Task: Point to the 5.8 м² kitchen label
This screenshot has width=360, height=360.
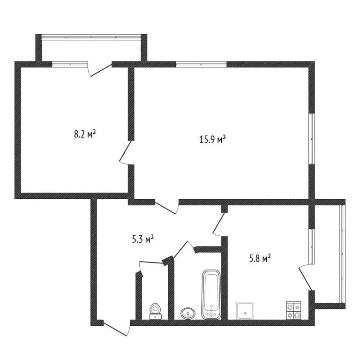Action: coord(260,258)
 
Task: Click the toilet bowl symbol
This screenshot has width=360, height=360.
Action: coord(155,311)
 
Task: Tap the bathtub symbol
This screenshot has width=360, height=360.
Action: coord(211,295)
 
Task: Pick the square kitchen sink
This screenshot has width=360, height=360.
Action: coord(246,310)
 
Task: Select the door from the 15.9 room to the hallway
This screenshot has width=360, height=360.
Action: coord(166,207)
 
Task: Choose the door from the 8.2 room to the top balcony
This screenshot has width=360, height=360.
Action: coord(99,69)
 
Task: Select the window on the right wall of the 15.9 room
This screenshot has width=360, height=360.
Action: coord(311,138)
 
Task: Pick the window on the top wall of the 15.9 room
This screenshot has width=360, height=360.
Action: coord(201,64)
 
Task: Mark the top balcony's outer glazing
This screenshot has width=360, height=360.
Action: coord(92,36)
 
